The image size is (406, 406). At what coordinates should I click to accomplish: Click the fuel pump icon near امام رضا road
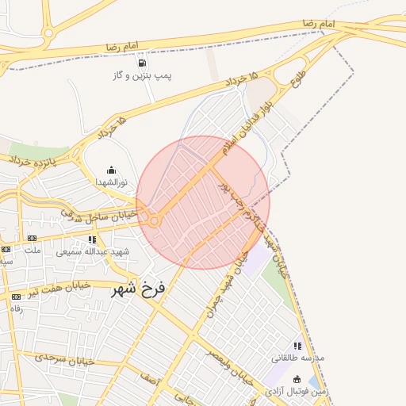(141, 63)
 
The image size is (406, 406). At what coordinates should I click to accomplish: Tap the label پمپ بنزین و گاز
(142, 76)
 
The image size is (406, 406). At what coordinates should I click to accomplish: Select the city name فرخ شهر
(139, 289)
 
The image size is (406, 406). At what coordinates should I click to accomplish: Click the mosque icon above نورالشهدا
(111, 169)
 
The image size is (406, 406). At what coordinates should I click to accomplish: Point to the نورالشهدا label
(112, 182)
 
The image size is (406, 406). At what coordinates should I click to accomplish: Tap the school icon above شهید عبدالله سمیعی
(92, 239)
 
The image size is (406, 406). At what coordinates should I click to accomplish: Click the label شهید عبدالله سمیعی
(81, 251)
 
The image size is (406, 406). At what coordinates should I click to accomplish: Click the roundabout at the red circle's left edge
(152, 221)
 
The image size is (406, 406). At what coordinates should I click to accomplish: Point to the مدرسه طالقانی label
(297, 358)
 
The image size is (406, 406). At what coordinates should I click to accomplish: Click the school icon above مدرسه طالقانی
(297, 346)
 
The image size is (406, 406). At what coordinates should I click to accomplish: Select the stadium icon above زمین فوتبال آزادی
(297, 379)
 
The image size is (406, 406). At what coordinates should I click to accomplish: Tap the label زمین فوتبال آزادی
(296, 391)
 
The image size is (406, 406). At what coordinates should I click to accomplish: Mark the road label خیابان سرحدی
(65, 358)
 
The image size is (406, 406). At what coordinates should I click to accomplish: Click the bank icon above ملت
(32, 238)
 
